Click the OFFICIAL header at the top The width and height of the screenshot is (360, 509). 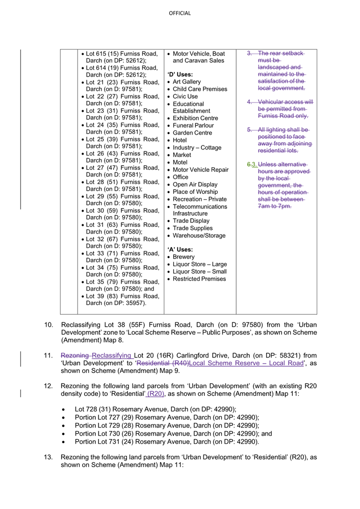pyautogui.click(x=179, y=13)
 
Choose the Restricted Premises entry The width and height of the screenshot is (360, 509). pyautogui.click(x=199, y=279)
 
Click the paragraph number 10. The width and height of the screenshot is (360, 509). pyautogui.click(x=48, y=325)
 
